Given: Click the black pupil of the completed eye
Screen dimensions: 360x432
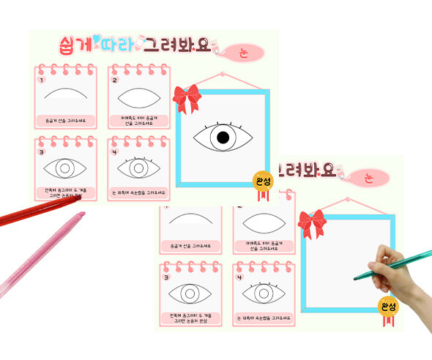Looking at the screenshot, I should pyautogui.click(x=223, y=138).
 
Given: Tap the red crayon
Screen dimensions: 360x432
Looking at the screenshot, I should pyautogui.click(x=37, y=213).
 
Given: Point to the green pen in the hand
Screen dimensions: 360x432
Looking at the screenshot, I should pyautogui.click(x=392, y=265).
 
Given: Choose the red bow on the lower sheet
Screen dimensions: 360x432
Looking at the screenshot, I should pyautogui.click(x=311, y=222).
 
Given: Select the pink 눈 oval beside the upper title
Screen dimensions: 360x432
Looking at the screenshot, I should pyautogui.click(x=242, y=52).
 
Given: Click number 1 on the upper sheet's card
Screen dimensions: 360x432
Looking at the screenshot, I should pyautogui.click(x=42, y=80).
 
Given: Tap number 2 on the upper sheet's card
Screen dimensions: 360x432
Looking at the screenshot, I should pyautogui.click(x=115, y=80).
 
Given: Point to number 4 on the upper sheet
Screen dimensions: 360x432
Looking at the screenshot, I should pyautogui.click(x=115, y=152).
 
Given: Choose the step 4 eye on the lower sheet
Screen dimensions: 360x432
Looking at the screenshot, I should pyautogui.click(x=262, y=293).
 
